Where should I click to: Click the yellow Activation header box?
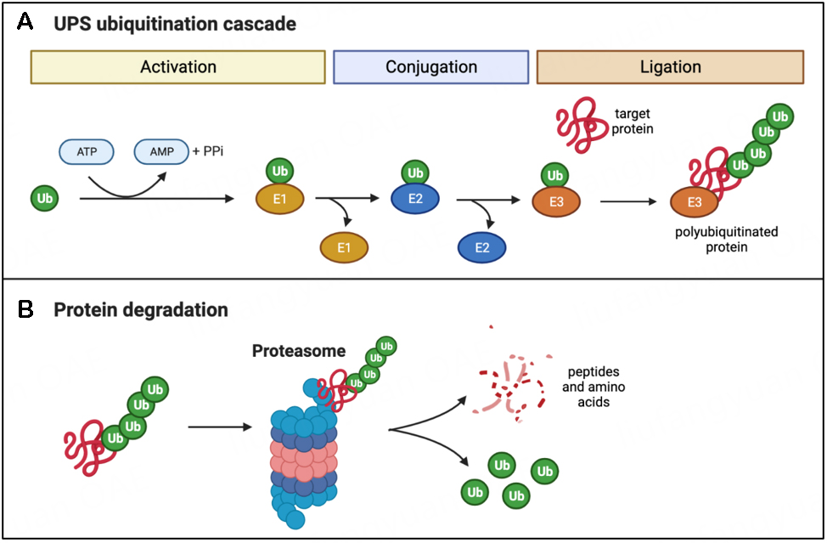pos(178,67)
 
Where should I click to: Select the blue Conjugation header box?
pos(431,67)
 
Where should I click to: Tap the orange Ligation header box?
pos(670,67)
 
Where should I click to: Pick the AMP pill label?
pos(161,151)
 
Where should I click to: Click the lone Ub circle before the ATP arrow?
pos(46,199)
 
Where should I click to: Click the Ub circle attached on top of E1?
pos(279,172)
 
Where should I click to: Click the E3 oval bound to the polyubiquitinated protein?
pos(694,202)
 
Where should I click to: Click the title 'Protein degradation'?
pos(141,310)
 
